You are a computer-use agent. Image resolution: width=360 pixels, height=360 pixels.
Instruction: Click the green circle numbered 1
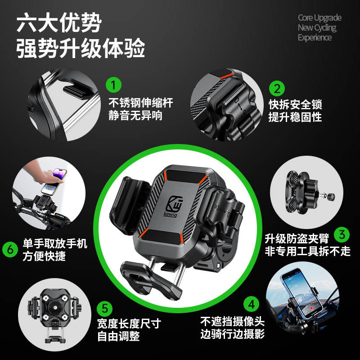tap(113, 84)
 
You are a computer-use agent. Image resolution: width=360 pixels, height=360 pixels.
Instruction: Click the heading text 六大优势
tap(59, 23)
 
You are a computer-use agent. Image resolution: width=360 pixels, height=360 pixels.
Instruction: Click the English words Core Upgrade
tap(319, 18)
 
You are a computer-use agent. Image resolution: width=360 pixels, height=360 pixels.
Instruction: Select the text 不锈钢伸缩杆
tap(140, 103)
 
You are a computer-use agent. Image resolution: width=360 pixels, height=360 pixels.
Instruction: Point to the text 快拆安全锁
tap(295, 105)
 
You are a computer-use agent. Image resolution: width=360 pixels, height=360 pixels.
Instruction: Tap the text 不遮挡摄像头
tap(232, 321)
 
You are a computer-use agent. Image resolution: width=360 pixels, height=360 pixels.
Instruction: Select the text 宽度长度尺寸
tap(129, 323)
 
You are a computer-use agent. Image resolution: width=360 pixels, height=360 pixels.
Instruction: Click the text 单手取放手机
tap(55, 244)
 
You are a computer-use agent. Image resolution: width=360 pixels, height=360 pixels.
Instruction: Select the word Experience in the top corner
tap(315, 38)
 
